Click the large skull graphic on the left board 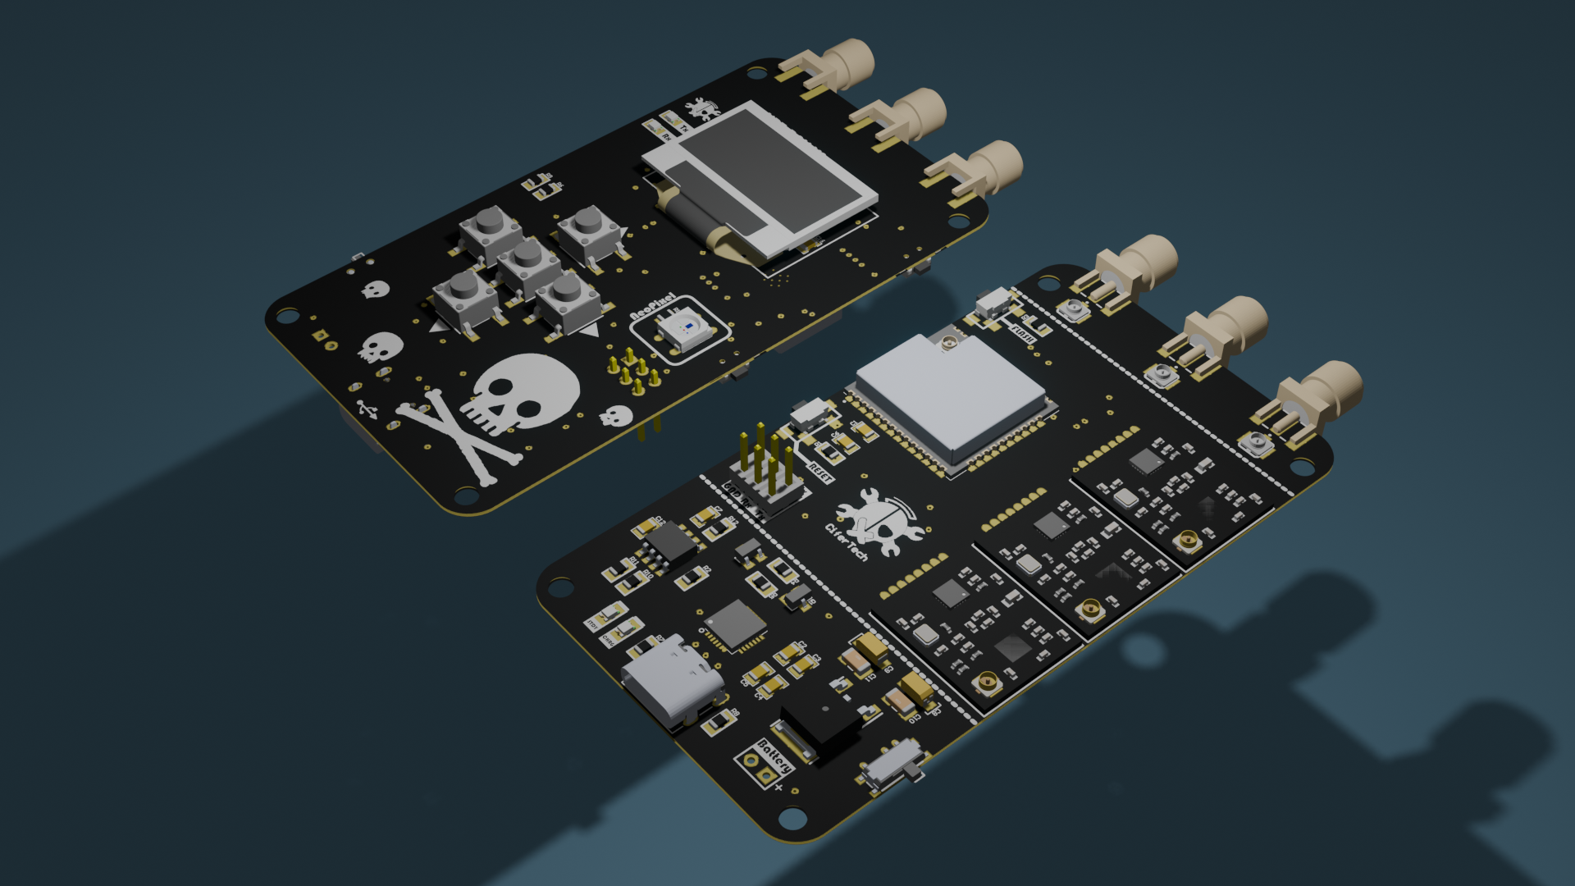[x=525, y=391]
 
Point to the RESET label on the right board [x=820, y=473]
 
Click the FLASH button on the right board [x=995, y=302]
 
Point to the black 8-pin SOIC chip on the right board [x=671, y=543]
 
